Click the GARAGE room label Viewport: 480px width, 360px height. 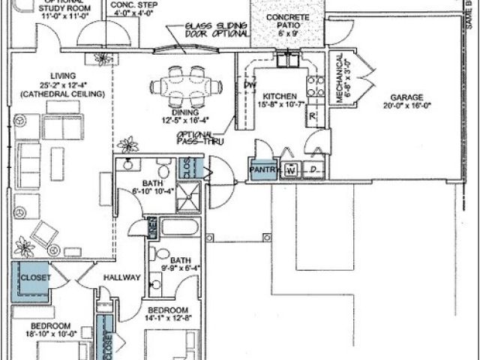(406, 97)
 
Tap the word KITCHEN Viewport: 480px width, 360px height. (278, 97)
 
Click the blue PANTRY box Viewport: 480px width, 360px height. (264, 170)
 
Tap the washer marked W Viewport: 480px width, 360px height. (290, 170)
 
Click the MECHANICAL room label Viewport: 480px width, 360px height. (339, 79)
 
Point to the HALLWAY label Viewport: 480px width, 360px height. (122, 277)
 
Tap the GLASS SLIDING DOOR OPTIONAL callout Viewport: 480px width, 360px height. (217, 29)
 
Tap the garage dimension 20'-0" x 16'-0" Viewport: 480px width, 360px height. (406, 107)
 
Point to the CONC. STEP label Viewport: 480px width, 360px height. (133, 5)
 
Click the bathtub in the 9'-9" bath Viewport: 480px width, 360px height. (179, 227)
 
